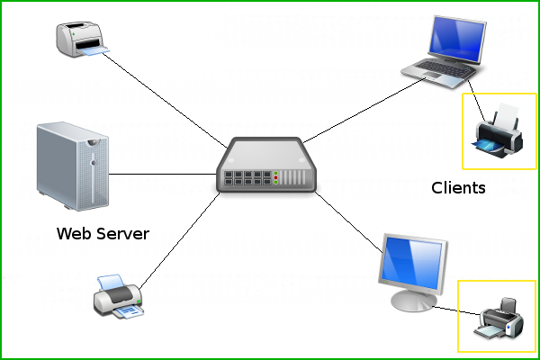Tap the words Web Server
103,234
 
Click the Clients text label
458,188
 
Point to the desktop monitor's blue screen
415,260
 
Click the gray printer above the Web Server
81,40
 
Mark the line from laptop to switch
360,113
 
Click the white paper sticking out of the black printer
507,114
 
